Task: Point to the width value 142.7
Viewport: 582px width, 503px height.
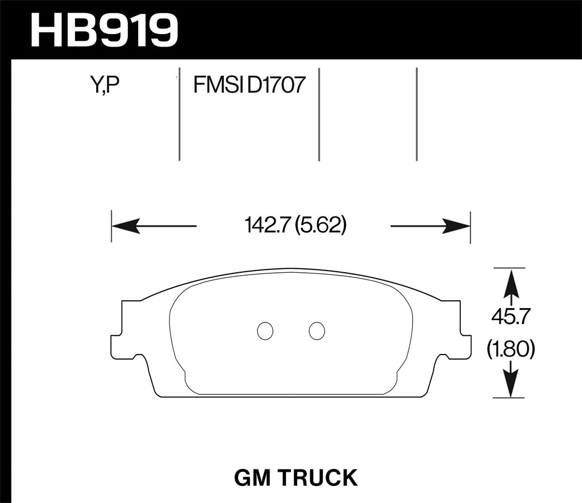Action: pos(263,226)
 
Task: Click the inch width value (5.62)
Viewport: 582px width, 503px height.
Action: pos(321,226)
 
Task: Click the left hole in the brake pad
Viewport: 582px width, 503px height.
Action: pos(264,331)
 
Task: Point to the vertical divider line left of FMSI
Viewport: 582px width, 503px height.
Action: pos(179,117)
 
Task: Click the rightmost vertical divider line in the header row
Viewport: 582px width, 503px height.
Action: pos(417,114)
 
